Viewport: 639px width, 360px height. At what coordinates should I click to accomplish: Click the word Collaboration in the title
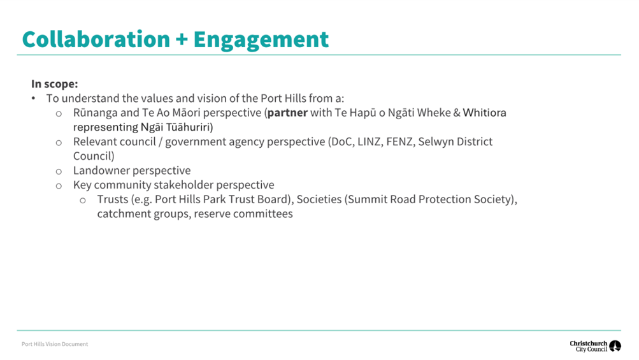pyautogui.click(x=96, y=39)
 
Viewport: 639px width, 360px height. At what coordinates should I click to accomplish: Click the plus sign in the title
pyautogui.click(x=182, y=40)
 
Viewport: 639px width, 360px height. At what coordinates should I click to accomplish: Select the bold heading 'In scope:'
pyautogui.click(x=55, y=84)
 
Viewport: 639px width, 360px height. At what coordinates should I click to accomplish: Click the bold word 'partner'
pyautogui.click(x=287, y=113)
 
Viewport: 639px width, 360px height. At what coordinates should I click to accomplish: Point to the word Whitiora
pyautogui.click(x=484, y=113)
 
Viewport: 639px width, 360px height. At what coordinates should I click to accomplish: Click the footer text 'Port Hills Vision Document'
pyautogui.click(x=55, y=344)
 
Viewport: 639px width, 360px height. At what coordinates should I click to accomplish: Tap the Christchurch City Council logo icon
pyautogui.click(x=615, y=346)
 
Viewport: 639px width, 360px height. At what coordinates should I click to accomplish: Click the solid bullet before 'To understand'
pyautogui.click(x=33, y=98)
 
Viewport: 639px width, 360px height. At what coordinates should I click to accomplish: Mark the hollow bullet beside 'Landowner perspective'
pyautogui.click(x=59, y=171)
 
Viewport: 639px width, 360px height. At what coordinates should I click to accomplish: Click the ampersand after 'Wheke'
pyautogui.click(x=456, y=113)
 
